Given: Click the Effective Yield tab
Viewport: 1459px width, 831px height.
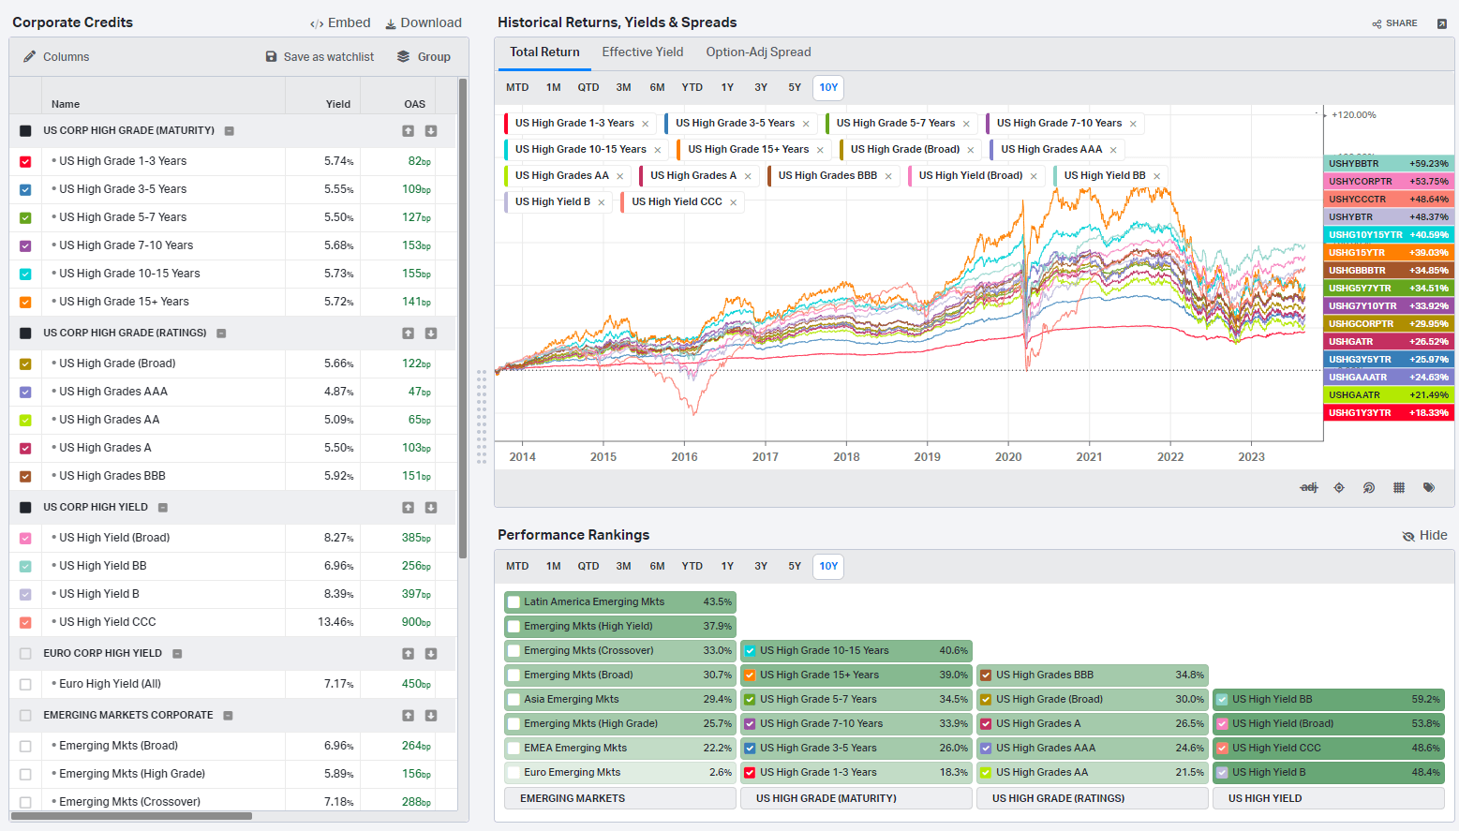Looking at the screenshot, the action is point(642,52).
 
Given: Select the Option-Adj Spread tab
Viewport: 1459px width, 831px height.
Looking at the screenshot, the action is point(758,52).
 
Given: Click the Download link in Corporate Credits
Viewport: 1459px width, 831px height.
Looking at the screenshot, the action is point(424,22).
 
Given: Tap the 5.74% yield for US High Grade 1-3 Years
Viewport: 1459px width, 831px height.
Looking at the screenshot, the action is point(338,161).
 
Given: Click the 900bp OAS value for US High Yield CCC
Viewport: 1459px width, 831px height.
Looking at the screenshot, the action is point(416,622).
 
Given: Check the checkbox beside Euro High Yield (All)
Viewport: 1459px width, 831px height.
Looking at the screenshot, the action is point(25,685).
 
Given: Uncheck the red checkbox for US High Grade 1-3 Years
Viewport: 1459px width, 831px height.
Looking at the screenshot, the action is point(25,161).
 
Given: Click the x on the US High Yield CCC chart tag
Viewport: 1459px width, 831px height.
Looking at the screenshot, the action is point(734,202).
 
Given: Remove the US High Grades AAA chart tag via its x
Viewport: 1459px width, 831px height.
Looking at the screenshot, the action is point(1113,150).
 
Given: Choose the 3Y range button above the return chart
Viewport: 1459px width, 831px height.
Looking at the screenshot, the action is point(761,87).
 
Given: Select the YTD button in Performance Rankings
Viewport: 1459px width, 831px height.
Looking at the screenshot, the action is point(692,566).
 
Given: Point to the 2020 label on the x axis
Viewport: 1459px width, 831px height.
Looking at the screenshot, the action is point(1008,456).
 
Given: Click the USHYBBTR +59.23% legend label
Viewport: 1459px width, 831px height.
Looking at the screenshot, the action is point(1389,163).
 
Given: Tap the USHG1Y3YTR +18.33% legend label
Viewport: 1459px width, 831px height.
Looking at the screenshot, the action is point(1389,413).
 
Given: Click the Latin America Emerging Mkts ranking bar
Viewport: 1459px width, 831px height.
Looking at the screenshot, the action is point(620,601).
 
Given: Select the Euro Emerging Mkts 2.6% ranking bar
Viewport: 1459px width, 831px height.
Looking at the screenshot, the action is point(620,772).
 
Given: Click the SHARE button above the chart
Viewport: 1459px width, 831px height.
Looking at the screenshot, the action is point(1394,23).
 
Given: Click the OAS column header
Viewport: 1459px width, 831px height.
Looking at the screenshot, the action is point(414,104).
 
